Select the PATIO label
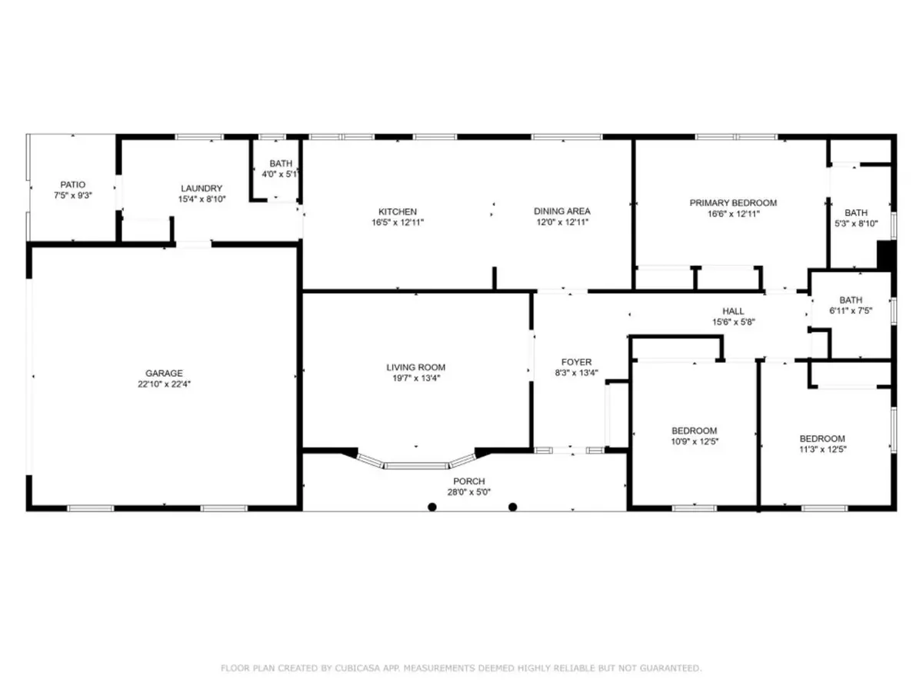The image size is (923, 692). point(73,185)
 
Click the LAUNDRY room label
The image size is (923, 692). point(202,188)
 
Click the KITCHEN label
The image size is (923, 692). point(398,211)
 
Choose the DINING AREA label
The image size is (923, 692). point(562,211)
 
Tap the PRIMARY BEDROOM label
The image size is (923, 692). point(733,203)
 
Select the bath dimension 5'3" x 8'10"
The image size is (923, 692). point(856,223)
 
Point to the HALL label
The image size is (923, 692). point(733,311)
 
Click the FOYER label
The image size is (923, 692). point(576,362)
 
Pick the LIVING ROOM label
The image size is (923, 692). point(416,368)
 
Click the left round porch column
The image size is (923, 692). point(432,507)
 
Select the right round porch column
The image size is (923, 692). point(513,507)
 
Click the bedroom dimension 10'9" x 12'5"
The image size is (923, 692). point(694,441)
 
